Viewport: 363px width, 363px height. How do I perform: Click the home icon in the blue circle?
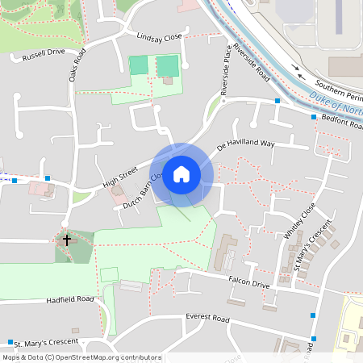181,174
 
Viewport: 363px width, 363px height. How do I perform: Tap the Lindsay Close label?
161,37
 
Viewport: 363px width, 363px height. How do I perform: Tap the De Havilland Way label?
246,146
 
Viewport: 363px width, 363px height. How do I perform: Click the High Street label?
121,173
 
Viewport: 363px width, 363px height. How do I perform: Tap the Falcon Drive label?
248,284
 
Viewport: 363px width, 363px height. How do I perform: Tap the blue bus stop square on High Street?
48,178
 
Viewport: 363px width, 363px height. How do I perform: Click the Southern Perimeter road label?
338,87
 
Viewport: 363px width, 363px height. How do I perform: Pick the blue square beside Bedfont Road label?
315,117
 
